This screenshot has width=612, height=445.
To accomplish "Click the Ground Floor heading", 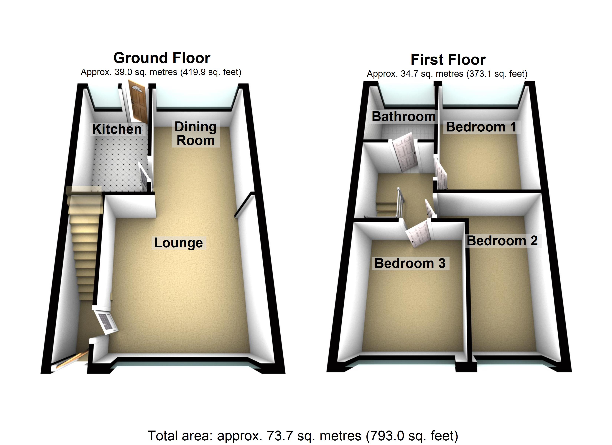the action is (162, 58).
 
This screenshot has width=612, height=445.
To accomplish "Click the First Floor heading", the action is (448, 60).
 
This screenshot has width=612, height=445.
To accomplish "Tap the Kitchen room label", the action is (117, 129).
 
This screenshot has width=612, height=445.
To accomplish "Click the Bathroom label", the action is (404, 117).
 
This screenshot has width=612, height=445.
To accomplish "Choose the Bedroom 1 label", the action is (481, 127).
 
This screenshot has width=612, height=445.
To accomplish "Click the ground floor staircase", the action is (84, 243).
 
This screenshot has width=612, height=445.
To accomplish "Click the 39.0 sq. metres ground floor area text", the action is (161, 72).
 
